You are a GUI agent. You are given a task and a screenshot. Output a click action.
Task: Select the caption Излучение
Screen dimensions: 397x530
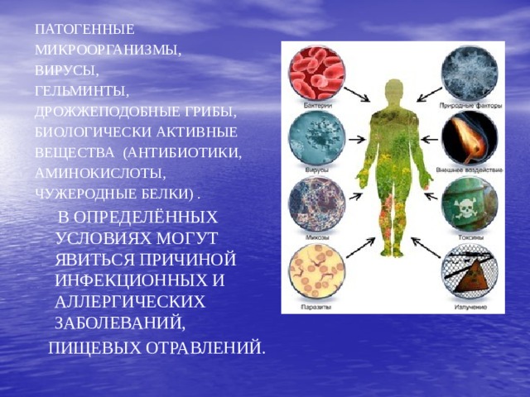click(x=470, y=306)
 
